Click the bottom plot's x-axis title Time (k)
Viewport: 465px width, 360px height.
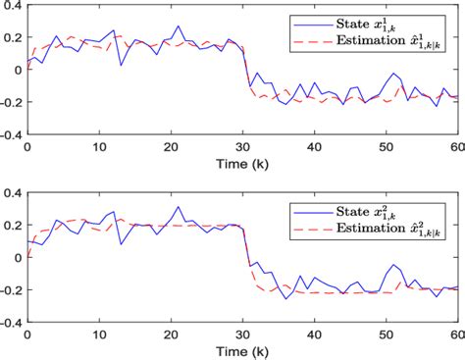pos(242,350)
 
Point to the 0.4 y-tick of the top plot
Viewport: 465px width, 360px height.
pos(12,8)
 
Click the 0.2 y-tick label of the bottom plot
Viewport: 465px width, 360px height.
pos(12,226)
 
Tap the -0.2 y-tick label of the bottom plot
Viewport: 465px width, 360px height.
pos(10,289)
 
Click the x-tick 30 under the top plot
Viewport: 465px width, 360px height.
pos(242,146)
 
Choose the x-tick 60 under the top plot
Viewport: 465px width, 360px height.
pos(456,146)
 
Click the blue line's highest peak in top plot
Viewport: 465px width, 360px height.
pos(178,26)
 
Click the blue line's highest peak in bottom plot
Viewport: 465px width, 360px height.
pos(178,207)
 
